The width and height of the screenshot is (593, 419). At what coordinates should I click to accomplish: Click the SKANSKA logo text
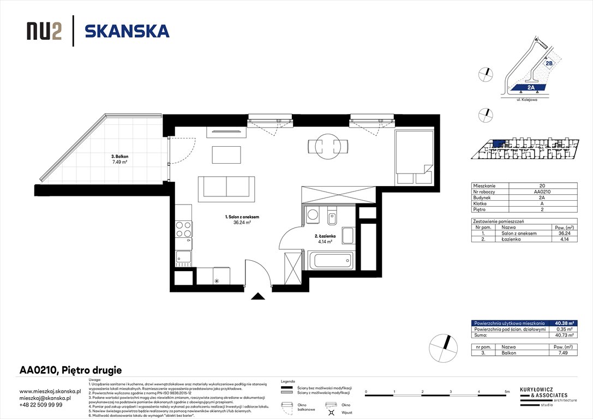tap(127, 31)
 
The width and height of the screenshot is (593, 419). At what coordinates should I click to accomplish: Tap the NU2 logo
tap(44, 32)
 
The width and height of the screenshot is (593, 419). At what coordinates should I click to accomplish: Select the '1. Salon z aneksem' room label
tap(242, 217)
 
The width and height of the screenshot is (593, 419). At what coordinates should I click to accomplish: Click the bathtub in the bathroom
tap(331, 260)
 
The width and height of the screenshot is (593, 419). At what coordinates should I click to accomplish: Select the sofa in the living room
tap(226, 187)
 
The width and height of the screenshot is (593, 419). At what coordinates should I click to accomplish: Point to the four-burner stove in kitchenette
tap(184, 229)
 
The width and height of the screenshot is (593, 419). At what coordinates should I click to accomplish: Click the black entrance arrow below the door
tap(258, 296)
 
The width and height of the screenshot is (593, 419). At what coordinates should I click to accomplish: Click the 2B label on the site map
tap(549, 63)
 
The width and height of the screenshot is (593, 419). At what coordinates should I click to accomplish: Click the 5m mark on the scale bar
tap(507, 392)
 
